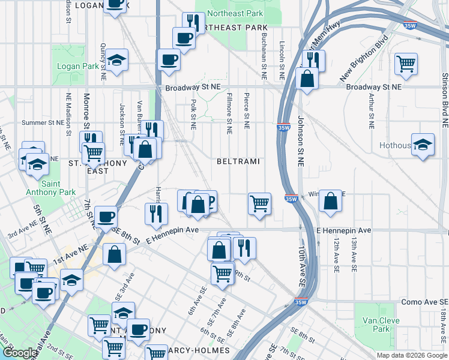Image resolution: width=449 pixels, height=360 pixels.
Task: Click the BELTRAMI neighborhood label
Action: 238,162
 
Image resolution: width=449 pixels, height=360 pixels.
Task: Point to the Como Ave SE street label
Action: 424,302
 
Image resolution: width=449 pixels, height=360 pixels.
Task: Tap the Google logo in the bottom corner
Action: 20,353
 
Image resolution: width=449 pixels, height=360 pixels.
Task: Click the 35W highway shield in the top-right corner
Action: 410,26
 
